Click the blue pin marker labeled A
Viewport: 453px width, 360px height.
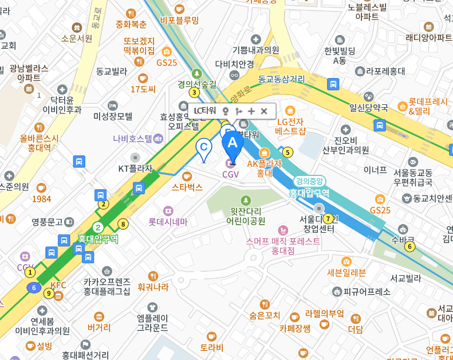tap(232, 143)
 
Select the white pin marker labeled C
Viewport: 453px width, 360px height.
tap(203, 148)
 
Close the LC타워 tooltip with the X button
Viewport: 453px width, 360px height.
tap(264, 111)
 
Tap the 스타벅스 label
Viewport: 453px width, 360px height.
tap(187, 187)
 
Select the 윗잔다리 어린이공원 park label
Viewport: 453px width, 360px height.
tap(245, 216)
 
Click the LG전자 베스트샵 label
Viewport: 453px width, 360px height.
tap(290, 126)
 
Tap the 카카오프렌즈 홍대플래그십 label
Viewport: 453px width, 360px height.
tap(107, 286)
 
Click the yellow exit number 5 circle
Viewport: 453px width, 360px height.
tap(287, 152)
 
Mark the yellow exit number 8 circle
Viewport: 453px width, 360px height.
tap(123, 224)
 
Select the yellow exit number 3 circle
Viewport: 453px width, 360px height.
tap(195, 92)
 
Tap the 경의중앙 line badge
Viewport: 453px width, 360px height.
tap(310, 181)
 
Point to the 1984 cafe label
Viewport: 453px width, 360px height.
tap(41, 198)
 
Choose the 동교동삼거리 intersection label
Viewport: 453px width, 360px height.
tap(281, 79)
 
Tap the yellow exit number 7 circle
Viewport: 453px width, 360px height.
tap(328, 218)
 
